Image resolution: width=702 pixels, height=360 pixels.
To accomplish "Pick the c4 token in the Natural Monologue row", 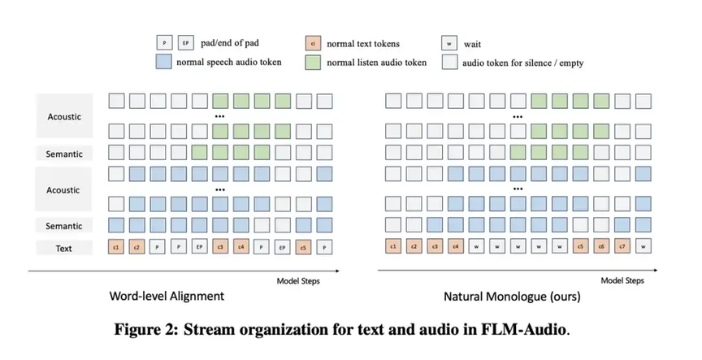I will [457, 245].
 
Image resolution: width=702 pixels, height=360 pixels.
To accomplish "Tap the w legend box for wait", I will [449, 43].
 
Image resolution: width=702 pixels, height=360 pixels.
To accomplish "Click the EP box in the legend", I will [186, 43].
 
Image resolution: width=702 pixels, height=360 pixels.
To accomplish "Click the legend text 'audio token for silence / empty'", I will [523, 61].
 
